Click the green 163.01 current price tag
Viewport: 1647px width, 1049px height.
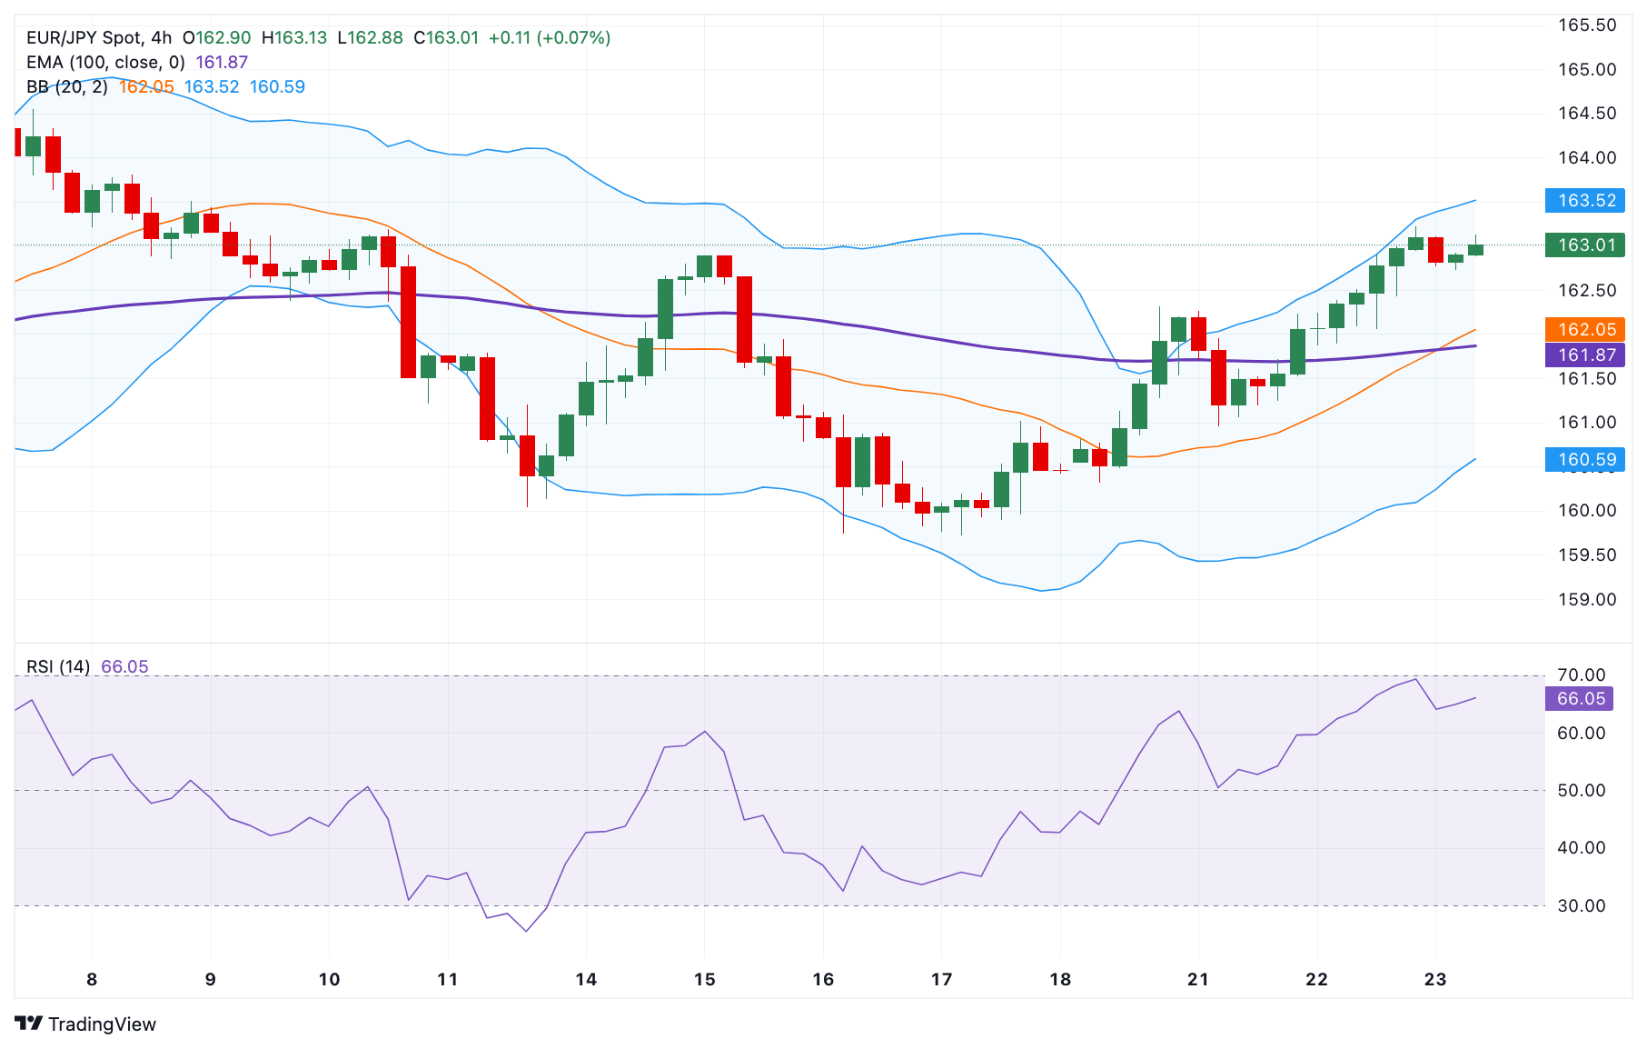(x=1584, y=245)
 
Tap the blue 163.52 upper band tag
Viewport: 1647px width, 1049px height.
(x=1584, y=200)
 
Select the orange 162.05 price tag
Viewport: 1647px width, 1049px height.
(x=1584, y=329)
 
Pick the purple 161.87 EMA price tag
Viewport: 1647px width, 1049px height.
(x=1584, y=355)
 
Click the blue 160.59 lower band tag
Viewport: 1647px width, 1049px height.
(x=1584, y=459)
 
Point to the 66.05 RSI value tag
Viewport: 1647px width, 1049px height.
(x=1581, y=698)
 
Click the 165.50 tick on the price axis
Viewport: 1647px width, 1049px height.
(x=1587, y=25)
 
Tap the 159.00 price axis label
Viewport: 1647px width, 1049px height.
(x=1587, y=599)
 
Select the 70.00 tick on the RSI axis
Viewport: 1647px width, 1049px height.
(x=1581, y=674)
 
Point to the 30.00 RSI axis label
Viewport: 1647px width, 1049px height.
(x=1581, y=905)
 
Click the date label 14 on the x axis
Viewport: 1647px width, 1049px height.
(x=586, y=979)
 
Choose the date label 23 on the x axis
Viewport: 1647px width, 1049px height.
(x=1434, y=979)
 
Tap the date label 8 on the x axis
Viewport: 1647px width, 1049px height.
(x=92, y=979)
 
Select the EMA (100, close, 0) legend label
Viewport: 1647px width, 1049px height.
(x=105, y=62)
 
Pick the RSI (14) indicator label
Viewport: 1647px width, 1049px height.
(x=58, y=666)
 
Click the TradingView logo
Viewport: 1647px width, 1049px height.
(x=85, y=1024)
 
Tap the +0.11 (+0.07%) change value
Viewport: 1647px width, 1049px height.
(x=549, y=37)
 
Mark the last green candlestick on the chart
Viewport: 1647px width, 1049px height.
(x=1475, y=249)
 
